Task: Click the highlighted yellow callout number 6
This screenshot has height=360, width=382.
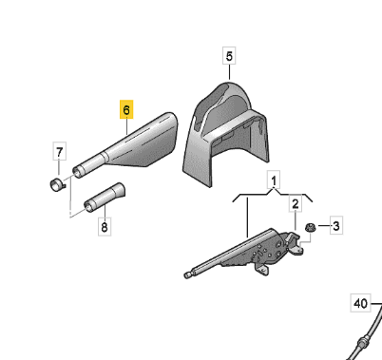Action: click(x=126, y=109)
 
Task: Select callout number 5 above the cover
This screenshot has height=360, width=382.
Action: click(x=229, y=56)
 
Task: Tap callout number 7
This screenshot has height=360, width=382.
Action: click(x=60, y=152)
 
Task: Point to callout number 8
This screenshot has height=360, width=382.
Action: click(x=105, y=227)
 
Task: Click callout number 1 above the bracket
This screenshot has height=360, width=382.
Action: click(x=274, y=180)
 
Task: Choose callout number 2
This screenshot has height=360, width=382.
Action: click(x=296, y=203)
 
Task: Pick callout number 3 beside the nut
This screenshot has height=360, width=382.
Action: click(x=336, y=226)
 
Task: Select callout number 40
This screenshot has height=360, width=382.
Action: click(x=360, y=303)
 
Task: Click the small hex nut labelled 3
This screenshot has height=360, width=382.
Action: click(x=309, y=228)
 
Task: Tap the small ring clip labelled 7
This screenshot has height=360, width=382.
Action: click(x=57, y=185)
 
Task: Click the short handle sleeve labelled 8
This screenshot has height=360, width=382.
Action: click(x=105, y=197)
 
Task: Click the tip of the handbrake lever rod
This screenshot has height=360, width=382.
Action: click(x=187, y=275)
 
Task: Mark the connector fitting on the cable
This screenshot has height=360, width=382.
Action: click(x=362, y=343)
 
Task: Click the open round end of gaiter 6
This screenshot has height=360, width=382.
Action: click(x=77, y=173)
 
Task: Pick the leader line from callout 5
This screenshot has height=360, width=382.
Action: click(x=229, y=72)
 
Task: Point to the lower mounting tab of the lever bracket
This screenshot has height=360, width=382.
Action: click(x=262, y=270)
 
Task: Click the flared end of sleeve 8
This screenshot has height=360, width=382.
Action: click(x=121, y=189)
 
